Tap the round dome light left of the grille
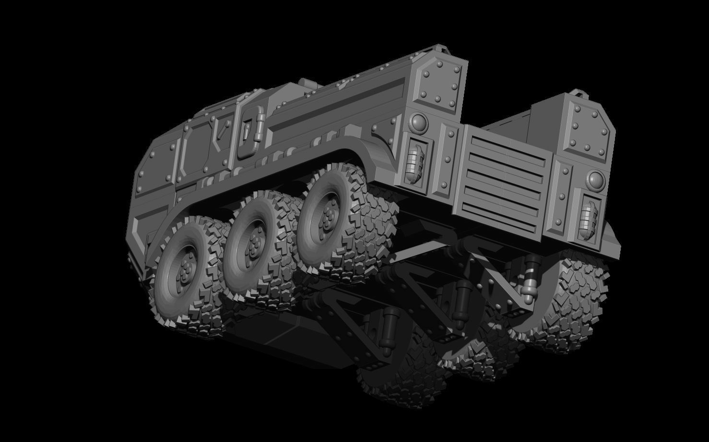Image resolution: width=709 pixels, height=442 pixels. [419, 124]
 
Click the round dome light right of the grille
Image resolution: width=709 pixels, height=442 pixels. [595, 180]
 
